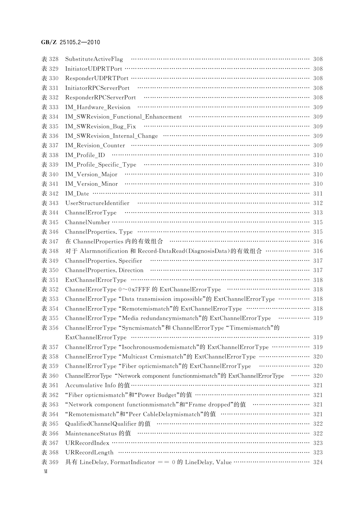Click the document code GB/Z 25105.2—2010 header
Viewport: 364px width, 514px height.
71,42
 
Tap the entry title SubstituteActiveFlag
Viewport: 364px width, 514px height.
94,59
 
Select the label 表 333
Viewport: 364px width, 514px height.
50,107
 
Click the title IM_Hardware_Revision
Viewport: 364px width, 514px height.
97,107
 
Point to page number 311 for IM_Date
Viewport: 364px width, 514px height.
318,194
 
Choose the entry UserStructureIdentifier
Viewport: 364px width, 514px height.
97,203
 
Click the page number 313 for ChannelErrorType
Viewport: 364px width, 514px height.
318,213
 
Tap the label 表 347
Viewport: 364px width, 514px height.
50,241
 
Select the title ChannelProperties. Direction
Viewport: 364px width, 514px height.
104,270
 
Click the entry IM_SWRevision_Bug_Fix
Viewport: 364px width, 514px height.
100,126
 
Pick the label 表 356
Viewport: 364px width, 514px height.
50,328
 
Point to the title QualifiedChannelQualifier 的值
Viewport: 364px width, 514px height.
108,424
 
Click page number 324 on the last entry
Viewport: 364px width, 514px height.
318,462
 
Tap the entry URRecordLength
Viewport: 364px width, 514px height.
89,453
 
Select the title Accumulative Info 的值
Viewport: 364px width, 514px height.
97,385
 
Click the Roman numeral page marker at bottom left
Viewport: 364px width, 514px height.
46,471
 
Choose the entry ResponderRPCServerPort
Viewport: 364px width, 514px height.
100,98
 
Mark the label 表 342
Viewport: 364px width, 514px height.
50,194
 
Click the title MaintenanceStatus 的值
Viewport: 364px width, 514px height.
98,433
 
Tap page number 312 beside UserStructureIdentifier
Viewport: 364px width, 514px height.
318,203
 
